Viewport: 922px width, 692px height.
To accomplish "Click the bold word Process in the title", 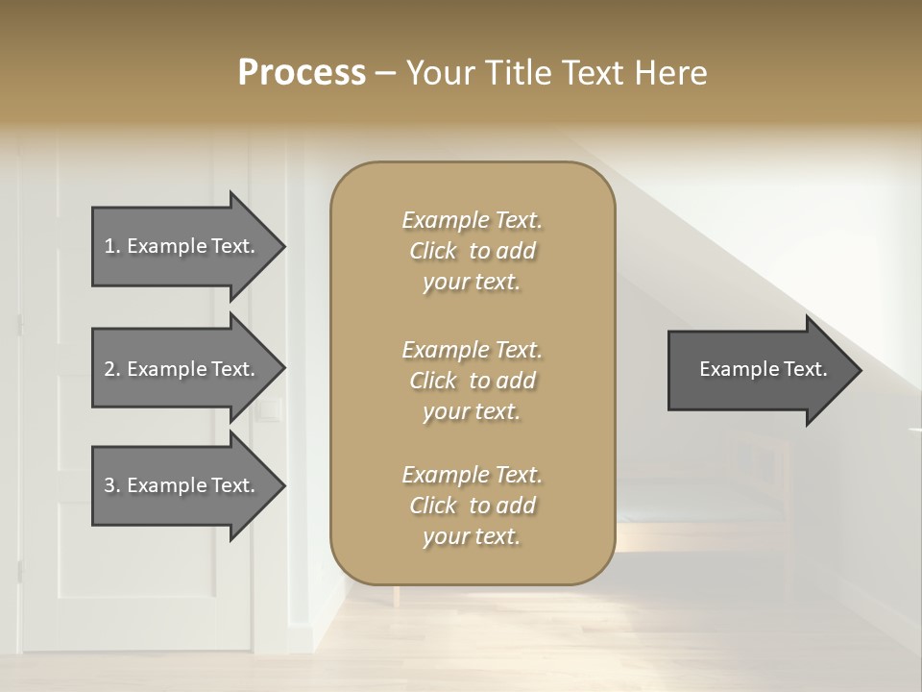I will coord(302,73).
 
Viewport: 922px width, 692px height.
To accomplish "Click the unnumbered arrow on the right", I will coord(759,370).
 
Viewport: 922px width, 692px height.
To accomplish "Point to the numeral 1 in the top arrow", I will coord(109,246).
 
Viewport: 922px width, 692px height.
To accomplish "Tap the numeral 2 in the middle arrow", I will coord(109,369).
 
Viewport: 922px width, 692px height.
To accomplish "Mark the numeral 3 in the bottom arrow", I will coord(109,485).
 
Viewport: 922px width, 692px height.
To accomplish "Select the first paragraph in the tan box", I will coord(472,251).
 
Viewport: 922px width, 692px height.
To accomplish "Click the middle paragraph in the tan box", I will coord(472,380).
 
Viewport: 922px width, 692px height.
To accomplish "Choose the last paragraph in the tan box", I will coord(472,506).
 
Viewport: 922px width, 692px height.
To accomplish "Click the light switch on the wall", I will coord(270,411).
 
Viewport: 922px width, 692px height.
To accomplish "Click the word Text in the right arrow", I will coord(805,369).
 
